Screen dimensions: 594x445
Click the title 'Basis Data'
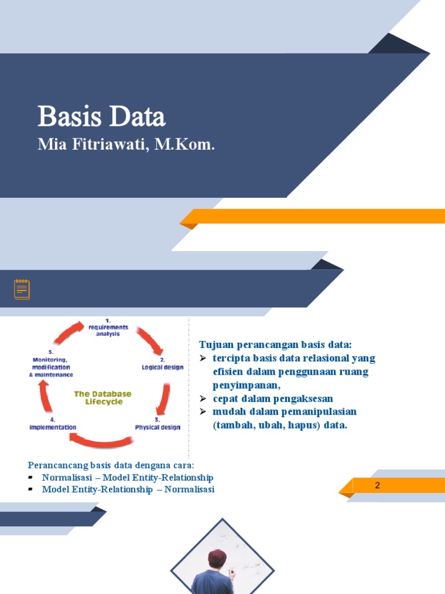101,117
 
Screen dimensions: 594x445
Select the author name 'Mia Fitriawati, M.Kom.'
126,144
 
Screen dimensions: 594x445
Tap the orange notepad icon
22,289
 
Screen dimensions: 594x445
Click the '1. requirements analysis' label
108,327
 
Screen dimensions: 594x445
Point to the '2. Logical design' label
163,364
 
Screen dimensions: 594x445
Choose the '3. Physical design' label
158,423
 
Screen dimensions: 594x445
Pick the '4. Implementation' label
53,423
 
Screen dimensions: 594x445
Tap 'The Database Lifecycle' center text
103,398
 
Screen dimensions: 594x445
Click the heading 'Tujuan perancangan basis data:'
275,345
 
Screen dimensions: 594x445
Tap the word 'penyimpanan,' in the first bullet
246,385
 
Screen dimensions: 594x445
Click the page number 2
377,485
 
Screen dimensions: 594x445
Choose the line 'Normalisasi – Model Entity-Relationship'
127,477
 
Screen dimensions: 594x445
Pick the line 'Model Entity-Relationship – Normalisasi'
128,490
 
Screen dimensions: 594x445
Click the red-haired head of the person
217,559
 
